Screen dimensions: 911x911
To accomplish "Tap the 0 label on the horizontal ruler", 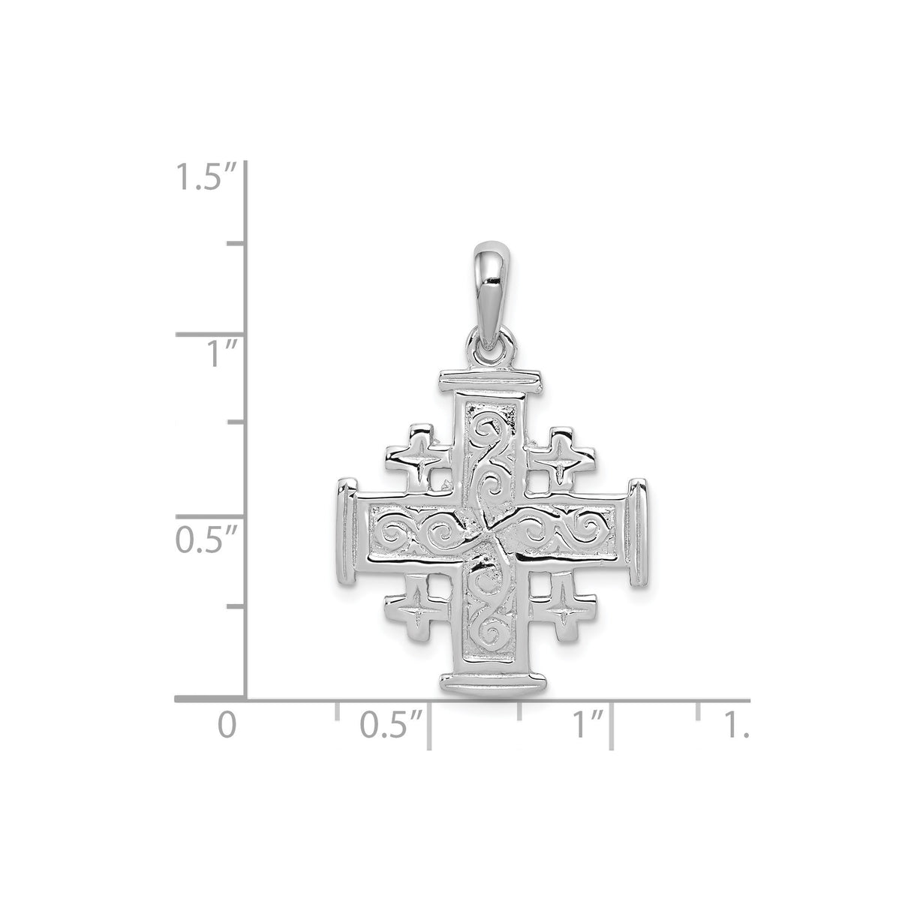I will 226,726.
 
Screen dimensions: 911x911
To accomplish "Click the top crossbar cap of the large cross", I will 492,380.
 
